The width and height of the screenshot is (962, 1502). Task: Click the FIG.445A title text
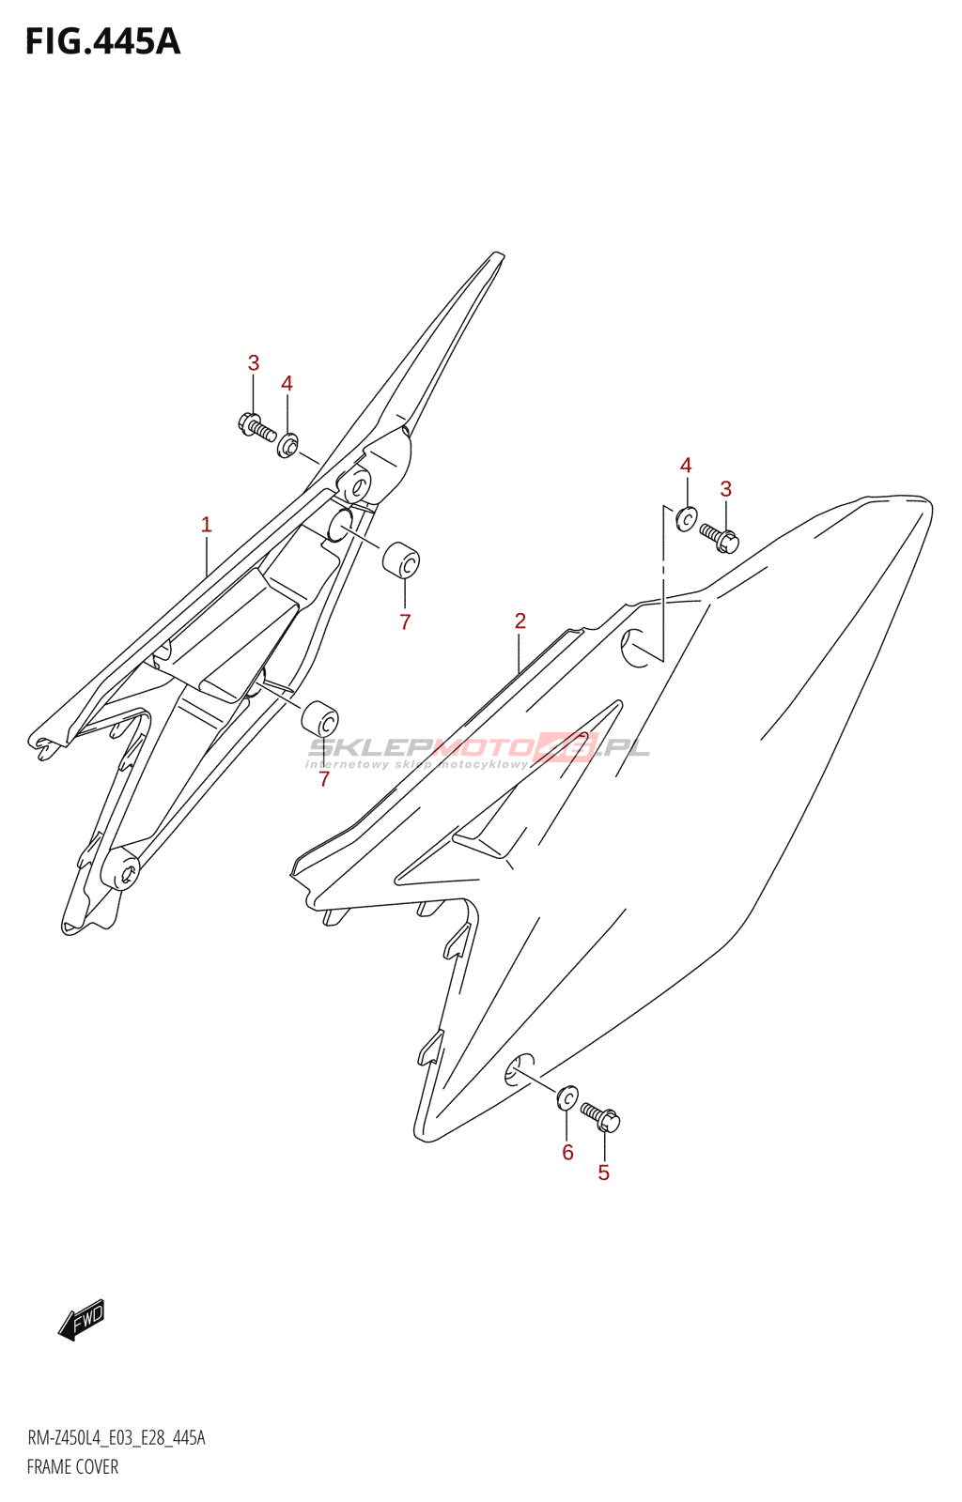coord(102,42)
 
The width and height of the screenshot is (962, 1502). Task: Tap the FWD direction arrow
coord(82,1319)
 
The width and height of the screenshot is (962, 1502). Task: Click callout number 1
coord(207,525)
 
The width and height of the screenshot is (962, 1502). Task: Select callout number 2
coord(520,621)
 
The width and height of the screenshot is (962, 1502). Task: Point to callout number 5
coord(604,1172)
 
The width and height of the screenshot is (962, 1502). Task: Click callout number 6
coord(567,1152)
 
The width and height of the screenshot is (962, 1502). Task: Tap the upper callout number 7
coord(405,621)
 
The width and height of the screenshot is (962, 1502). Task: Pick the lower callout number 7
coord(324,779)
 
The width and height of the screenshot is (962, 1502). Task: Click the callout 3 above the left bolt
coord(254,363)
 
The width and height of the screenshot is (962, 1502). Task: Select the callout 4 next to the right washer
coord(686,466)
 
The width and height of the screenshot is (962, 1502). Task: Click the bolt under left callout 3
coord(256,427)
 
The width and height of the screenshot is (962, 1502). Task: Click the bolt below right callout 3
coord(721,537)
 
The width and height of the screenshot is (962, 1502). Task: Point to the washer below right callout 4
coord(687,518)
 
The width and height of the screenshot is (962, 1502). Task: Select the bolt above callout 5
coord(600,1116)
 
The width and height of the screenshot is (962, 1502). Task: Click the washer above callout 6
coord(567,1097)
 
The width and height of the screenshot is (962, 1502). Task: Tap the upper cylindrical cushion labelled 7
coord(401,560)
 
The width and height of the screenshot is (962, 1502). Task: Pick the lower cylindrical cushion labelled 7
coord(319,719)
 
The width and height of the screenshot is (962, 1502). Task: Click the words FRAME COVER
coord(72,1466)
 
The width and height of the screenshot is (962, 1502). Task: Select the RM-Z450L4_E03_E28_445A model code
coord(116,1438)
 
